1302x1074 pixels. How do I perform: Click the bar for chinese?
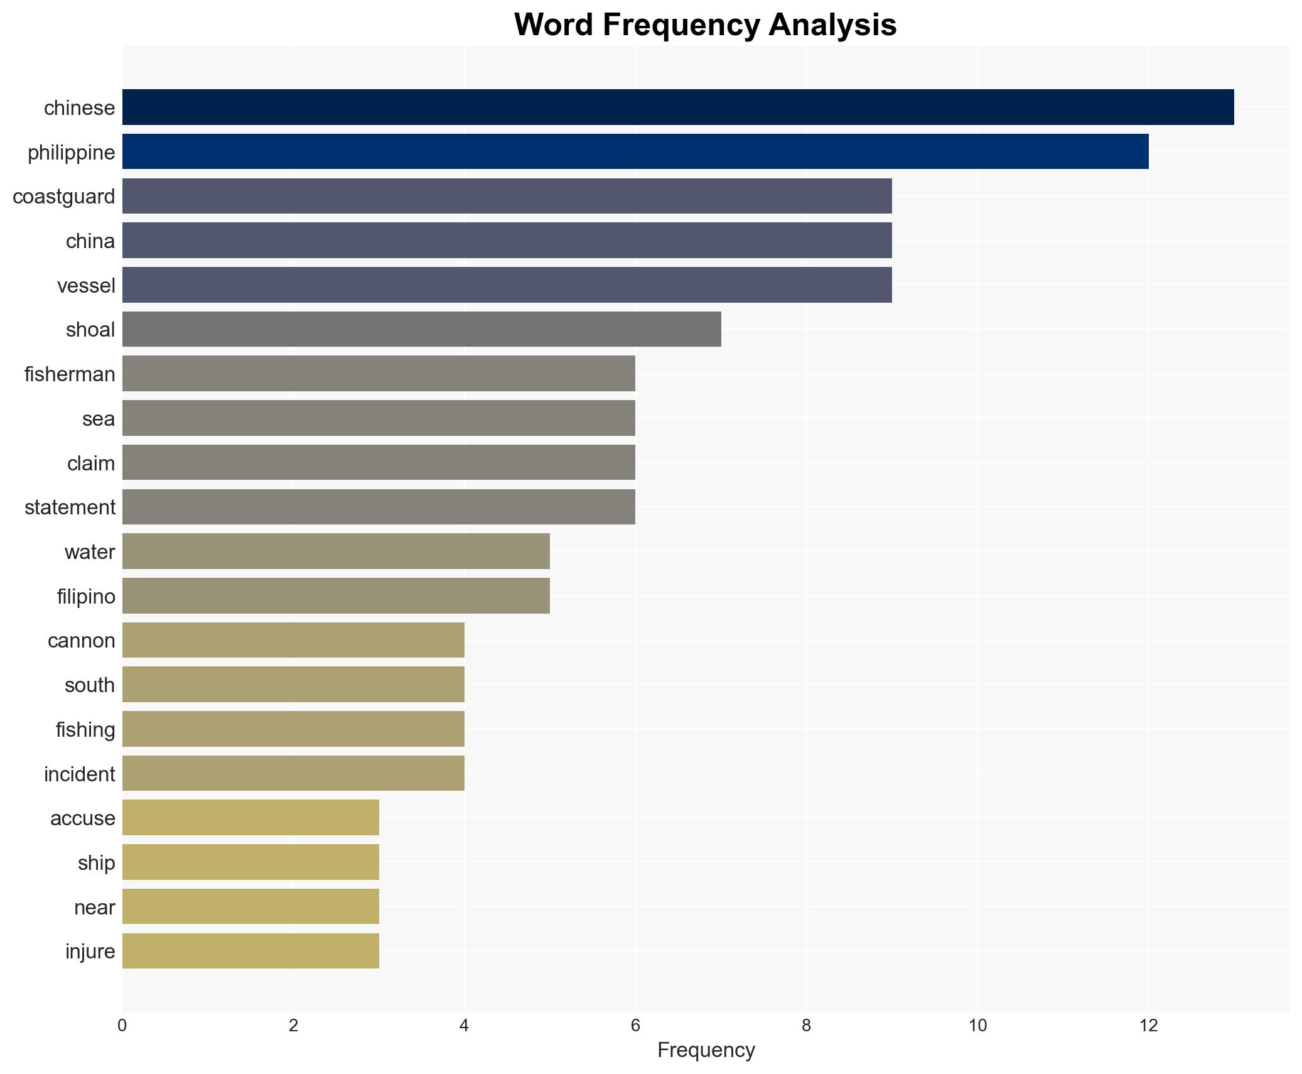678,107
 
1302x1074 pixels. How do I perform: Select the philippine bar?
635,151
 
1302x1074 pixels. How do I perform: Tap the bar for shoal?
421,329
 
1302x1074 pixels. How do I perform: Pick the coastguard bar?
507,196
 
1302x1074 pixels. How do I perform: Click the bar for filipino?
336,595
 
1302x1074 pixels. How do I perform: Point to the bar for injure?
250,951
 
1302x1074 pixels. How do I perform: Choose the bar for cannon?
293,640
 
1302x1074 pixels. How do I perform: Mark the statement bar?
379,507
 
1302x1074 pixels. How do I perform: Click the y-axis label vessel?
86,286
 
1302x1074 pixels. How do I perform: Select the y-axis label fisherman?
70,374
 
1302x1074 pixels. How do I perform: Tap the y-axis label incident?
79,774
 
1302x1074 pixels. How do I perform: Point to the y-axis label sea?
99,419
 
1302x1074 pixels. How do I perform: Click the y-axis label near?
94,908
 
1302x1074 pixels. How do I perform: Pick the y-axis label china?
90,241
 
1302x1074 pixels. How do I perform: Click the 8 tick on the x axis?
806,1026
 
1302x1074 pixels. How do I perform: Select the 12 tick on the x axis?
1148,1026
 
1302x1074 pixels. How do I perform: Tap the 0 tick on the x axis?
122,1026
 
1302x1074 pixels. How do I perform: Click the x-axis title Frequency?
706,1050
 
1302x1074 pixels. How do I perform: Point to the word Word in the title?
554,25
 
